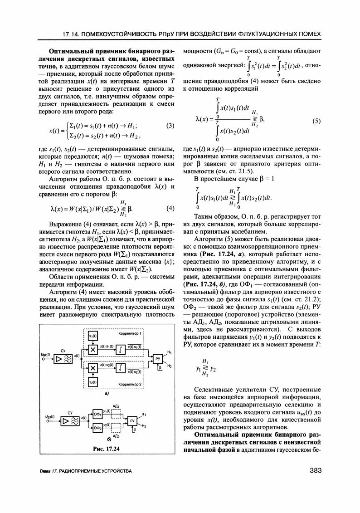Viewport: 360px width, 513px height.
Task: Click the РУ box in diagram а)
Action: point(157,359)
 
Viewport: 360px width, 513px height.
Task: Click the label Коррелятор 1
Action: point(131,333)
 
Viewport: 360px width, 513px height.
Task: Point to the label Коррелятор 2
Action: point(131,385)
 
